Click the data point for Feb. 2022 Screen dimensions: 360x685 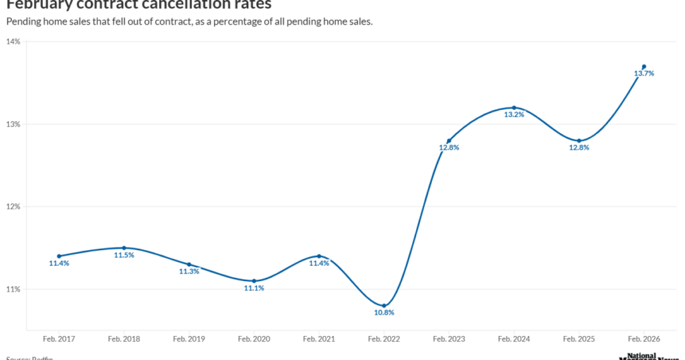[x=384, y=306]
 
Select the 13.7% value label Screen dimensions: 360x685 [x=644, y=74]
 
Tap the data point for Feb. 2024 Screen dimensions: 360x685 [x=514, y=108]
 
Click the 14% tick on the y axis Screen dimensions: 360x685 [x=13, y=41]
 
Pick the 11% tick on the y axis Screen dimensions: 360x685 [x=13, y=289]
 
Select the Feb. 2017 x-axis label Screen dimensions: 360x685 [x=59, y=339]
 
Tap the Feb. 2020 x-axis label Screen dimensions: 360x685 [x=254, y=339]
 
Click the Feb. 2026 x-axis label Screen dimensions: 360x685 [x=644, y=339]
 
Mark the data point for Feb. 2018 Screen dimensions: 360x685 [x=124, y=248]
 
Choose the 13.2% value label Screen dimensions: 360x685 [x=514, y=114]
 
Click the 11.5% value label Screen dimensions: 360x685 [x=124, y=255]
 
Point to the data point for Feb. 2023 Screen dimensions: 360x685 [x=449, y=141]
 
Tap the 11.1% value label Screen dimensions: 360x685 [x=254, y=288]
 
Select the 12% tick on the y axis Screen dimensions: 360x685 [x=13, y=207]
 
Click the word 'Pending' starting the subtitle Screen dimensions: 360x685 [x=25, y=21]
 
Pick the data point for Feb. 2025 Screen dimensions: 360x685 [x=579, y=141]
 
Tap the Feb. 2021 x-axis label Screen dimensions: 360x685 [x=319, y=339]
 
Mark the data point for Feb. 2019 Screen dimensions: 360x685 [x=189, y=264]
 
